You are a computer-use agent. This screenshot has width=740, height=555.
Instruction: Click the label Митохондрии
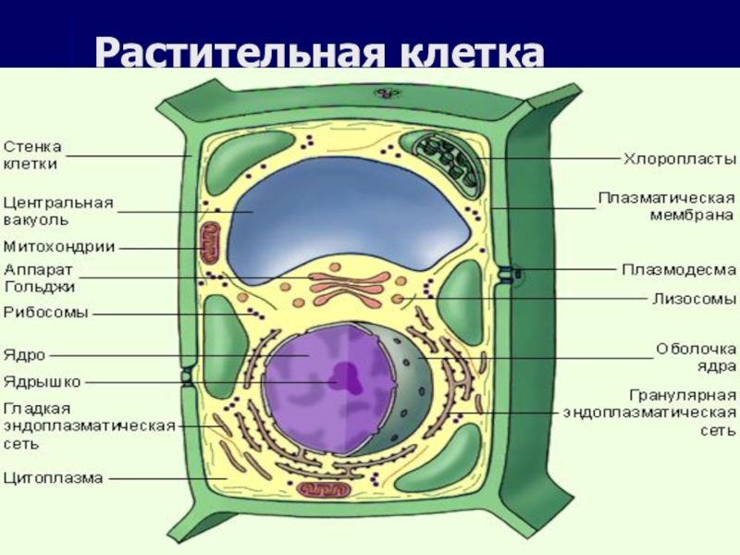pos(59,247)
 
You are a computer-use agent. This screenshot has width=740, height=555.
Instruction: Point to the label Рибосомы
pos(45,313)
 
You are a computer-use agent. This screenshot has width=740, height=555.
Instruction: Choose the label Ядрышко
pos(43,380)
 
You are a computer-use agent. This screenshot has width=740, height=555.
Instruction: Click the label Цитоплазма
pos(53,478)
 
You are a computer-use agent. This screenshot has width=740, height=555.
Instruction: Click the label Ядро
pos(24,353)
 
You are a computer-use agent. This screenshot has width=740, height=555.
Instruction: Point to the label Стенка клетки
pos(32,154)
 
